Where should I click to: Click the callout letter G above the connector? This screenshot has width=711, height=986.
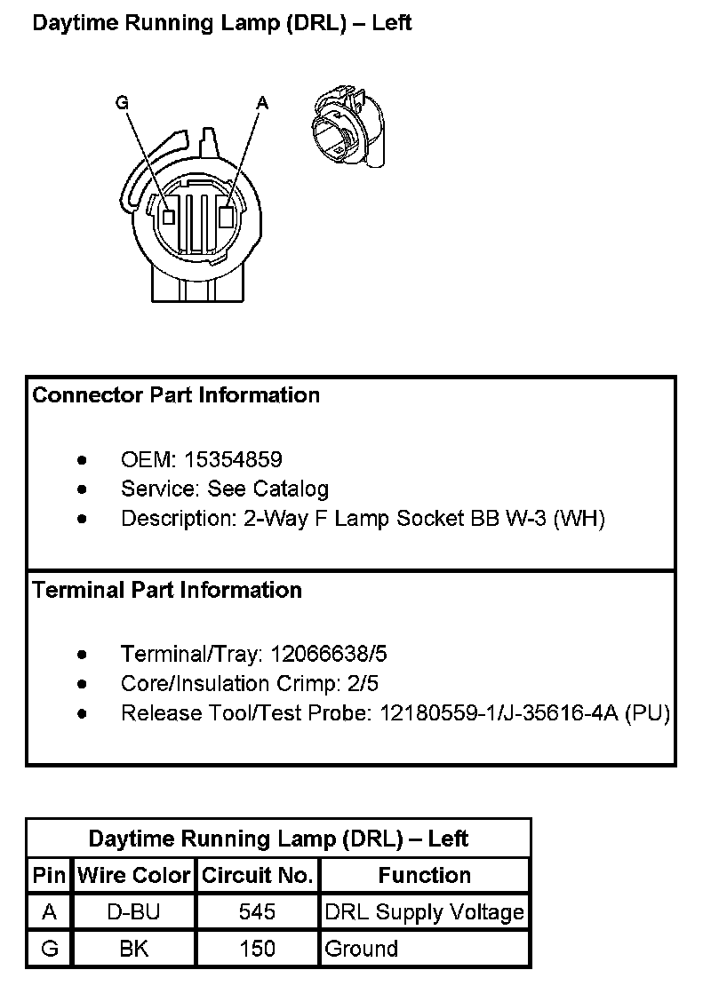[x=122, y=103]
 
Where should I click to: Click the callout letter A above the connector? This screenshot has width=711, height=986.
[x=262, y=103]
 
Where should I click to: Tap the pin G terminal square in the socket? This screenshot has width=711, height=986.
[x=168, y=216]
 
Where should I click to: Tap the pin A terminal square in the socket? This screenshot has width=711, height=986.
[x=228, y=216]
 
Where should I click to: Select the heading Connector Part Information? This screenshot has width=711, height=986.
[x=176, y=394]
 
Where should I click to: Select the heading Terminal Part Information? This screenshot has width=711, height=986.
[x=167, y=590]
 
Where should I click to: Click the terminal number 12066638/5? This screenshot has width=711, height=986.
[x=329, y=655]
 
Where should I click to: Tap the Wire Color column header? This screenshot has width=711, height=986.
[x=134, y=875]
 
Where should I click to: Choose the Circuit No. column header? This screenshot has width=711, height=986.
[x=258, y=875]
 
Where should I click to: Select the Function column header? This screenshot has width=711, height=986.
[x=425, y=875]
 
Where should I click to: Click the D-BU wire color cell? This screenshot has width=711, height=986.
[x=134, y=912]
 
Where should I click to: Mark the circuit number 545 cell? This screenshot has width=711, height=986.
[x=258, y=912]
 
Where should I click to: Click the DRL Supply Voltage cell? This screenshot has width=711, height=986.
[x=425, y=912]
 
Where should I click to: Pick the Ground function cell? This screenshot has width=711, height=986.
[x=362, y=949]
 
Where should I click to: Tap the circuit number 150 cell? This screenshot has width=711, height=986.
[x=258, y=949]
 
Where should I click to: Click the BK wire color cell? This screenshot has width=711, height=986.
[x=134, y=949]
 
